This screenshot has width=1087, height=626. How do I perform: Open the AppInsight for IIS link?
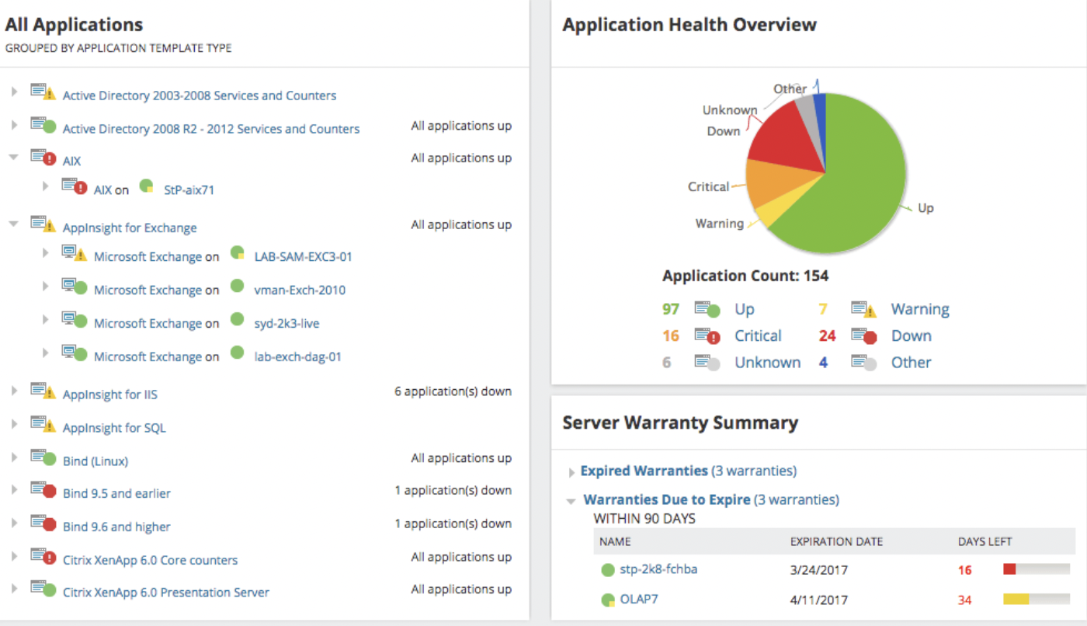(109, 395)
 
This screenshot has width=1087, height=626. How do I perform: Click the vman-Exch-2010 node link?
(300, 290)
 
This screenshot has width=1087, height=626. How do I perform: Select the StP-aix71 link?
(189, 190)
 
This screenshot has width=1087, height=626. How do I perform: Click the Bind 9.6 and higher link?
(116, 527)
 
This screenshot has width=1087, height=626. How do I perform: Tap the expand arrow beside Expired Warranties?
(572, 472)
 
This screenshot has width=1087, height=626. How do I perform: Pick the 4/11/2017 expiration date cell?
(818, 600)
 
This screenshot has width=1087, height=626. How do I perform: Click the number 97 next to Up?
(671, 309)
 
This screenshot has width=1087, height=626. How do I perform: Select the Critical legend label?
(758, 336)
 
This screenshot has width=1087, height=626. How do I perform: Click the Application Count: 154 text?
(745, 276)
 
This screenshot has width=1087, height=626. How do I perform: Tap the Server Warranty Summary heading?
(680, 423)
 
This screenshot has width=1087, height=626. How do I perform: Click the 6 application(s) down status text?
(453, 391)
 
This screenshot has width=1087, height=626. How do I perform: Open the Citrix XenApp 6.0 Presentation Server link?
(165, 592)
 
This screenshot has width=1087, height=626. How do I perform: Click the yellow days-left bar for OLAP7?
(1016, 599)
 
